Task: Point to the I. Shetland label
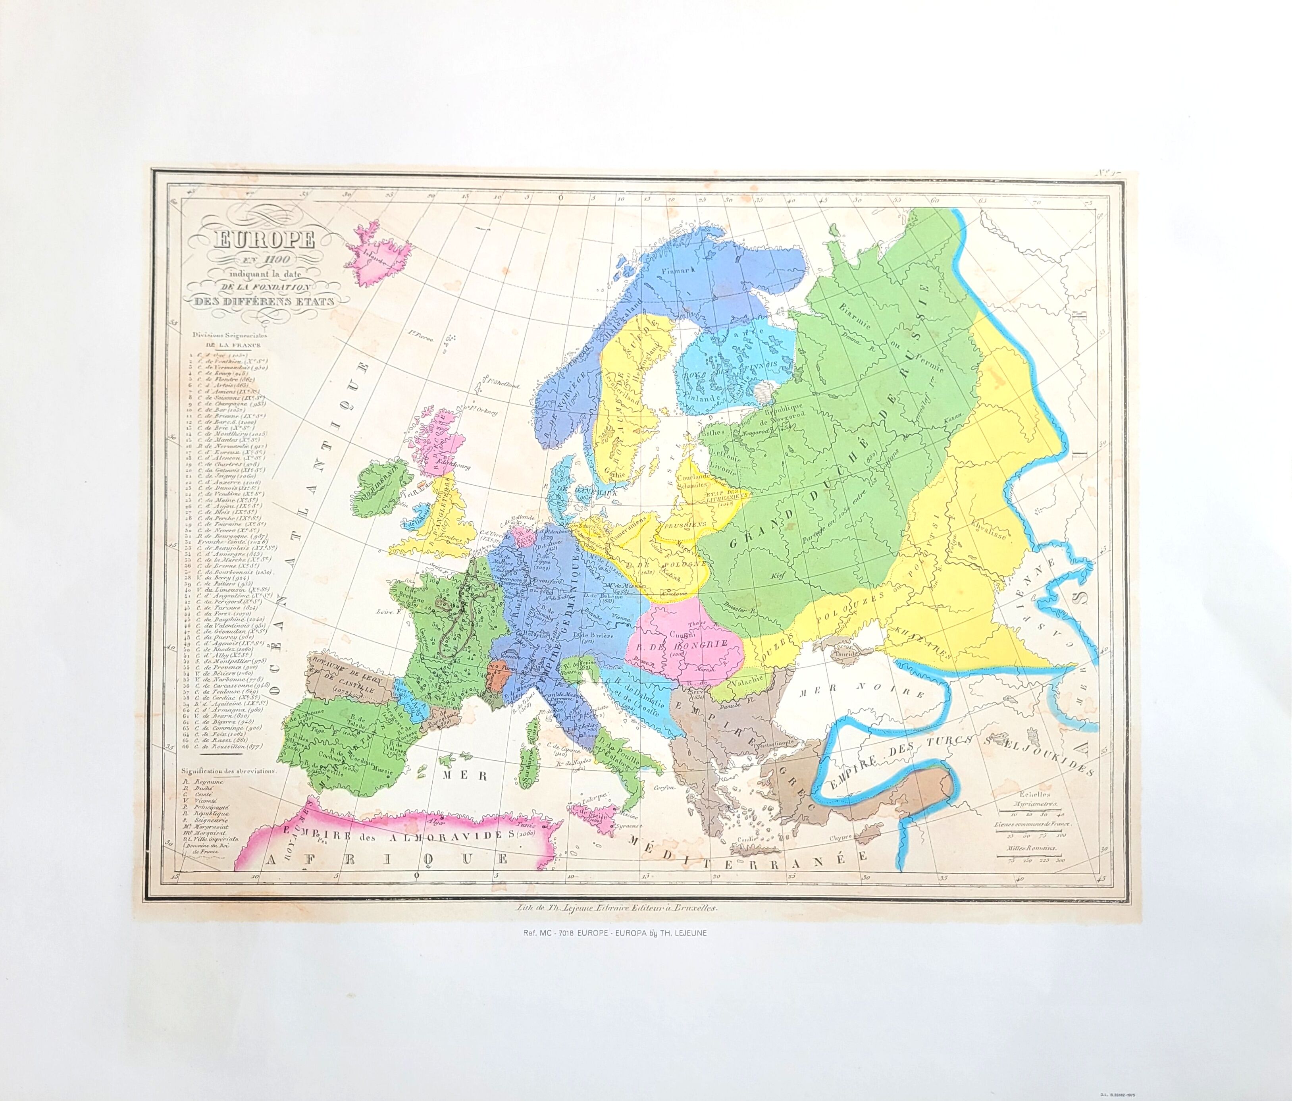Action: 503,385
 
